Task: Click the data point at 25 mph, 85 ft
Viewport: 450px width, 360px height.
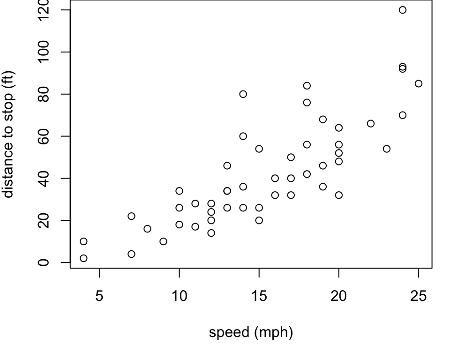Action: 419,83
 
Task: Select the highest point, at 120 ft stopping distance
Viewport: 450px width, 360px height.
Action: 403,10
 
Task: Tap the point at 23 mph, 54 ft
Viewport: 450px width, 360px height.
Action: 387,149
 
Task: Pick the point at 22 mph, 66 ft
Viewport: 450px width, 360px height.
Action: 371,123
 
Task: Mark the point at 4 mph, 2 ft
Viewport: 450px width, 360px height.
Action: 83,258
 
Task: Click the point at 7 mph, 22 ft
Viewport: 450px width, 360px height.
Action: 131,216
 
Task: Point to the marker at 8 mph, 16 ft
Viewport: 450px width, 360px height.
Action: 147,229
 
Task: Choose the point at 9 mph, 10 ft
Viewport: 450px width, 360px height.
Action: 163,241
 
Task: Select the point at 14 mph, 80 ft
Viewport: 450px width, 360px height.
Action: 243,94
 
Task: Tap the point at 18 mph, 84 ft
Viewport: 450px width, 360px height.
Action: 307,85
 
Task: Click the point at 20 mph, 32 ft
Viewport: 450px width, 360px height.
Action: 339,195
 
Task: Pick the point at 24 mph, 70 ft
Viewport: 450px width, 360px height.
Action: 403,115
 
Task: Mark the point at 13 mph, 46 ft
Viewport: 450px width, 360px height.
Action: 227,165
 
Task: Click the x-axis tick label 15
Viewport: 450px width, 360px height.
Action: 259,296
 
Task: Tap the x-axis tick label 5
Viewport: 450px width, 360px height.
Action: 99,296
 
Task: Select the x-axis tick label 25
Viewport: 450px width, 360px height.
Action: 419,296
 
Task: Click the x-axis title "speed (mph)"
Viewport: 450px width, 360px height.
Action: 251,332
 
